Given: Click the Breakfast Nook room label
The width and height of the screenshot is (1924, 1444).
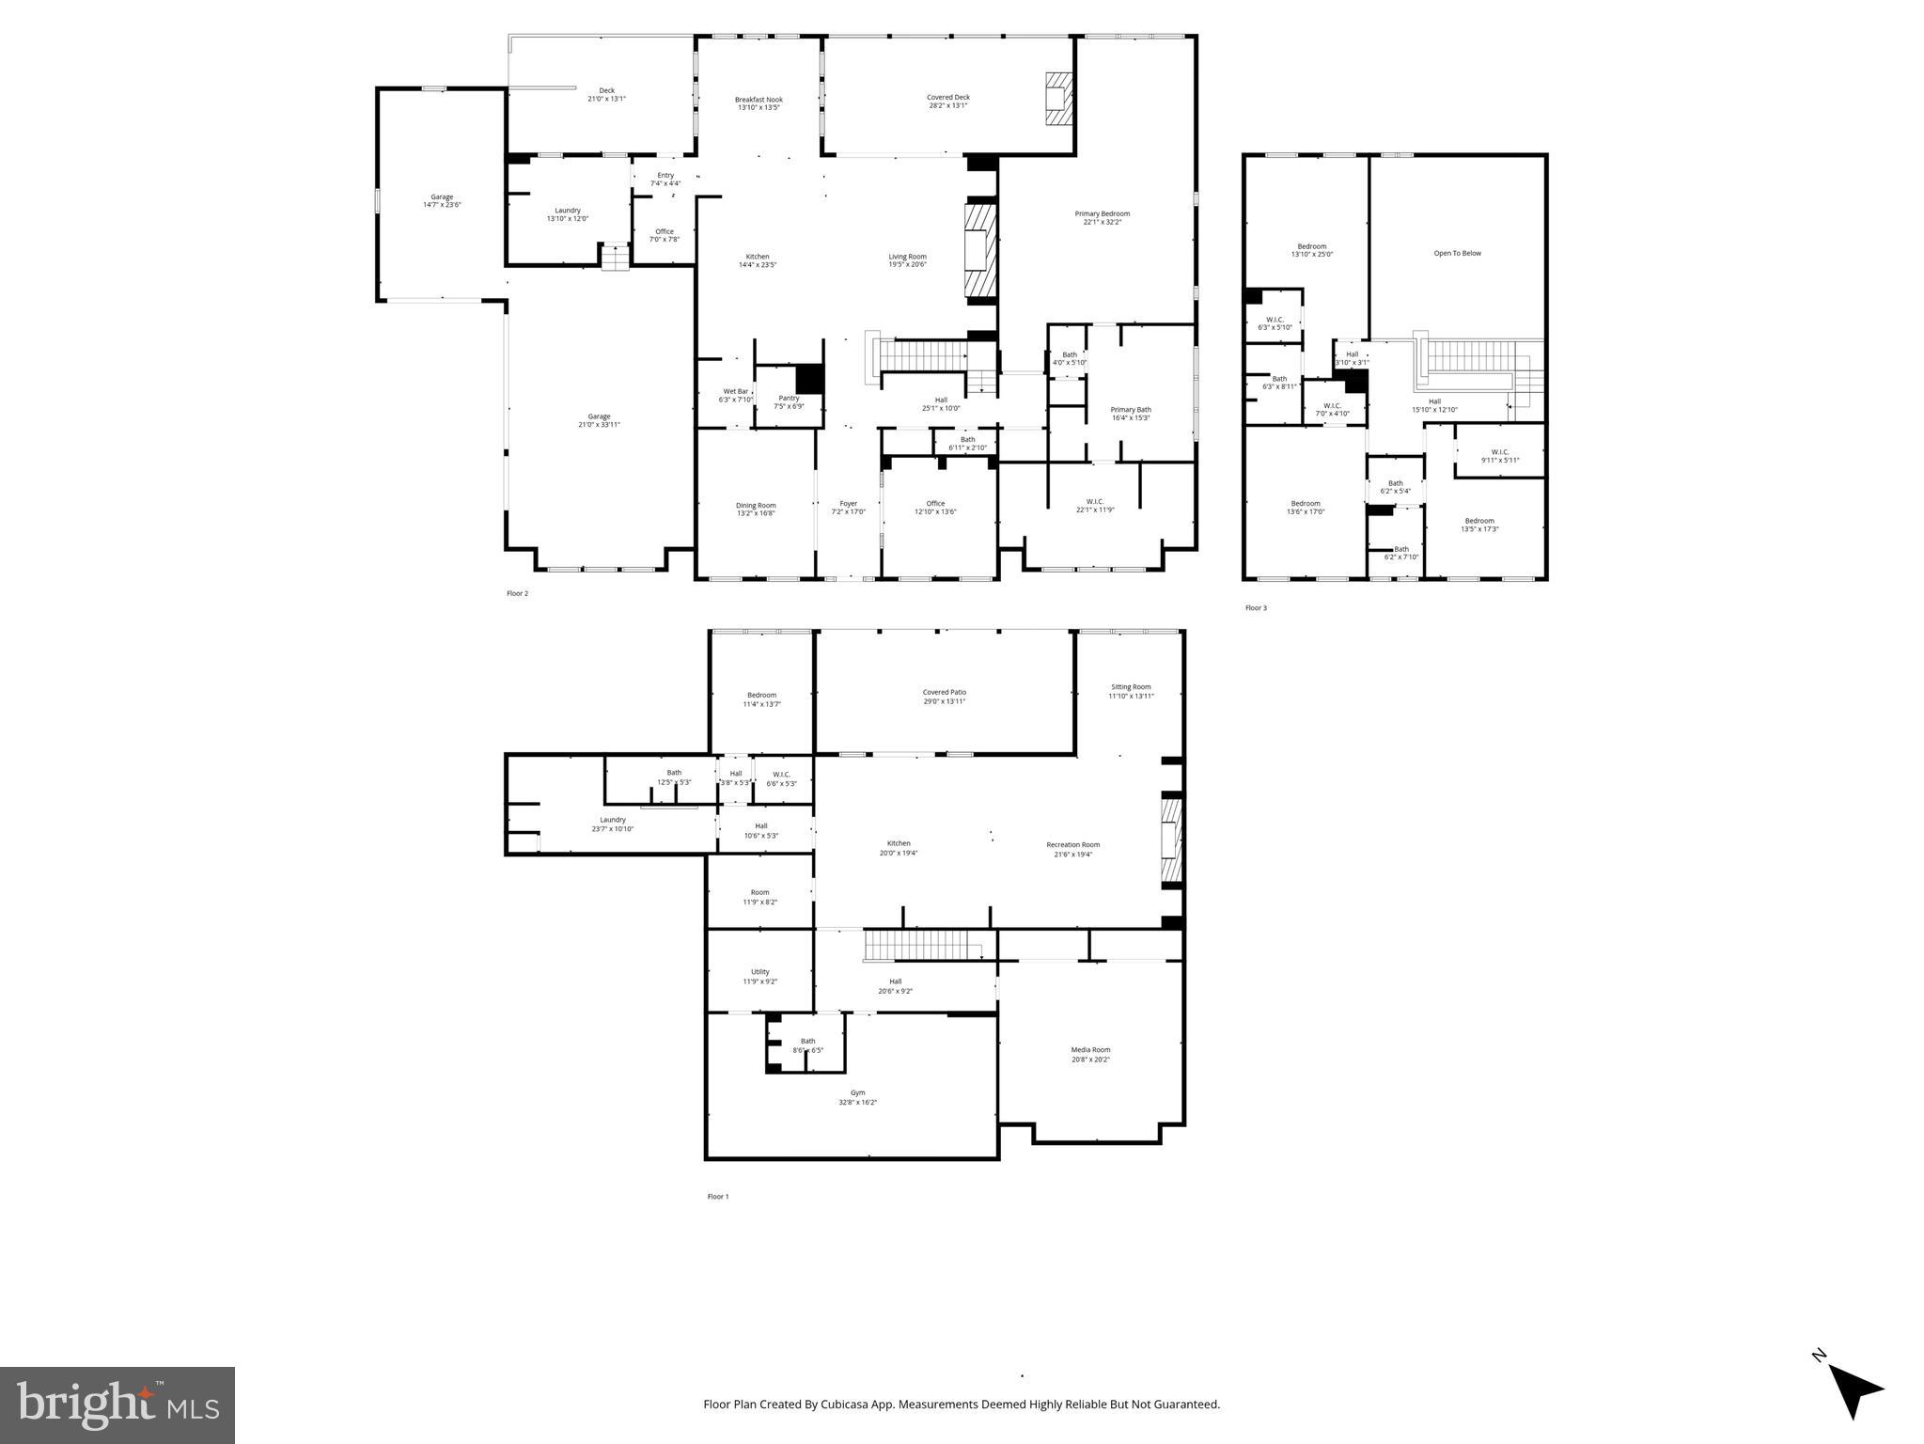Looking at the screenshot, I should (759, 103).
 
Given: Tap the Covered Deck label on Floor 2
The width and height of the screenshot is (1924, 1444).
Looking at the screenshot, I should (947, 102).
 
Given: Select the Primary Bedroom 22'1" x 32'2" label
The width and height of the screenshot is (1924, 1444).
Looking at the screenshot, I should (1102, 217).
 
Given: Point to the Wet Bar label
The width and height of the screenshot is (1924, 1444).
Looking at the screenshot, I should (736, 395).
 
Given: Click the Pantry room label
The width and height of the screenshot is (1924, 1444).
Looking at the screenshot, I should (789, 401).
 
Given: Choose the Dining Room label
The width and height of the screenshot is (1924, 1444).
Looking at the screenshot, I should (756, 510).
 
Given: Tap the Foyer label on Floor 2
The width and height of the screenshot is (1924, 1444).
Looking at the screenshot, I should (848, 508).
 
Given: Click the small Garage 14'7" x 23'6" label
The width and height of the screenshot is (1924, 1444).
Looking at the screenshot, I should (442, 200).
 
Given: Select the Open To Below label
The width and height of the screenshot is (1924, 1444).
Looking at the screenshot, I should (1457, 253).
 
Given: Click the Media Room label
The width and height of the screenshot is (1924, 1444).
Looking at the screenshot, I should (1090, 1054).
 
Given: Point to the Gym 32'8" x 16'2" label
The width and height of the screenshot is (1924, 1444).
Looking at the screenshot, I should (857, 1097).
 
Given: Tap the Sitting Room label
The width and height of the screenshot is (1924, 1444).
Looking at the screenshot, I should (1130, 691).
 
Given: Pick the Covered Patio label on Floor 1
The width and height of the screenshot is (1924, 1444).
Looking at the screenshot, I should (944, 697).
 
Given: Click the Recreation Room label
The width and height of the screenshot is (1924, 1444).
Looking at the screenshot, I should (1072, 849).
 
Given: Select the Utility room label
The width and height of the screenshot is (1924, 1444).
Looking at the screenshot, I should (759, 977).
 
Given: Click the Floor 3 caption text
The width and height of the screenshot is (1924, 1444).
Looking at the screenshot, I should (1256, 608).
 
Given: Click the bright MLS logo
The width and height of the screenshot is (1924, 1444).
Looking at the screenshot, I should (117, 1405).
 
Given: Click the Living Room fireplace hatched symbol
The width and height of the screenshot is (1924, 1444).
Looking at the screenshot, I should (979, 251).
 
